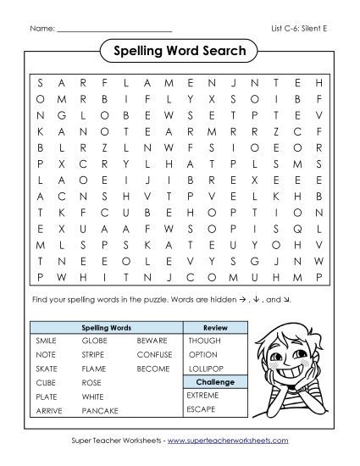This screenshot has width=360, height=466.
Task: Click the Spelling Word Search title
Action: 179,52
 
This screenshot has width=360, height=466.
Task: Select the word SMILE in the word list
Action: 47,339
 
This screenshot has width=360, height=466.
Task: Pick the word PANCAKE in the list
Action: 100,411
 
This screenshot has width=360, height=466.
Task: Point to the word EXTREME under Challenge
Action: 203,396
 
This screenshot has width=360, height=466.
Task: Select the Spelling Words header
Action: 105,325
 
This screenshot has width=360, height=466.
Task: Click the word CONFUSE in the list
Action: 154,354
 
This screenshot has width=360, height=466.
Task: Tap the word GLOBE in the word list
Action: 94,339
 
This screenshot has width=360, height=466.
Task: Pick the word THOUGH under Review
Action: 204,339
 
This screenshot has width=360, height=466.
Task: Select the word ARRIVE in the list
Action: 49,411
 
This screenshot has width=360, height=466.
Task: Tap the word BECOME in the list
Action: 153,369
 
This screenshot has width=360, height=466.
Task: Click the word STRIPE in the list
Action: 93,354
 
